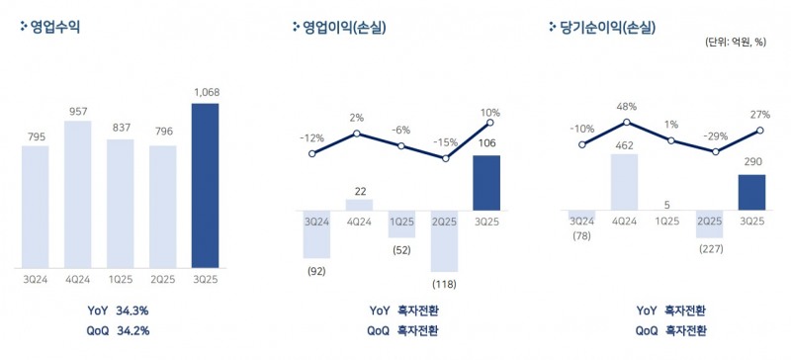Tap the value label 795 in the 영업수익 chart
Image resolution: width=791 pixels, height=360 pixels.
coord(36,135)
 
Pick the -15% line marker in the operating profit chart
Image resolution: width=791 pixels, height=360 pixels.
coord(445,158)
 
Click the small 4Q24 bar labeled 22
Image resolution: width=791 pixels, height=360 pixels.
coord(359,205)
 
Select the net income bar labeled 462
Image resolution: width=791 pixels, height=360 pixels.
coord(624,182)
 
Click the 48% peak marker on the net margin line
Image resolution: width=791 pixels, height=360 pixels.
coord(625,122)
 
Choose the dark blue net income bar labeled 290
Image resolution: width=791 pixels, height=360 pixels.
coord(753,192)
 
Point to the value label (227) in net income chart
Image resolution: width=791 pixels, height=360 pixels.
coord(711,249)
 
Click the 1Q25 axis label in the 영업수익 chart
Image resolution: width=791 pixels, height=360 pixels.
coord(120,280)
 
